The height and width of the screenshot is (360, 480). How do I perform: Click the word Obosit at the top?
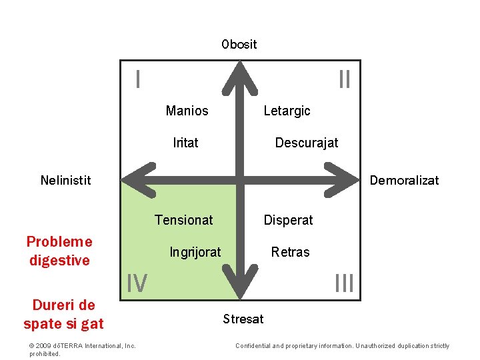click(x=239, y=44)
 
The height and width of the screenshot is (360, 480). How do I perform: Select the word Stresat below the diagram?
click(x=243, y=319)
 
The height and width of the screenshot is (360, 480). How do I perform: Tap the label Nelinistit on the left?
click(x=65, y=179)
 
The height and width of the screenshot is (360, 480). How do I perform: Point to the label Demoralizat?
click(x=404, y=180)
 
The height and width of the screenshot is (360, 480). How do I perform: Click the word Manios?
click(x=187, y=111)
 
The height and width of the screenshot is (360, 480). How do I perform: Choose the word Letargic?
click(x=287, y=111)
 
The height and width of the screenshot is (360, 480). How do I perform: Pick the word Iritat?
click(x=185, y=142)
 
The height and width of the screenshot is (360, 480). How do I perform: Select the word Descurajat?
click(x=307, y=143)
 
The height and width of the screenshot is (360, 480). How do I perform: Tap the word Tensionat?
click(x=183, y=219)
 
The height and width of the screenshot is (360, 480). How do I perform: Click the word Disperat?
click(x=288, y=220)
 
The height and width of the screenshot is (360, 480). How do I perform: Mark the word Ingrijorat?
click(x=195, y=252)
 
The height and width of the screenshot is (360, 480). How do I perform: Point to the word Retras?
click(x=290, y=252)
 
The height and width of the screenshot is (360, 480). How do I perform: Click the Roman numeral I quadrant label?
click(x=137, y=80)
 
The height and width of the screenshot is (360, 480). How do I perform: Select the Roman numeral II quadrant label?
click(x=344, y=80)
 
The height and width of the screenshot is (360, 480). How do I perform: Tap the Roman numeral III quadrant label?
click(x=344, y=284)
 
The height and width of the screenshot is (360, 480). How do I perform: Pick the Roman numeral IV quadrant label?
click(x=137, y=284)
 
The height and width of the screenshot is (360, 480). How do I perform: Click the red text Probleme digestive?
click(x=59, y=251)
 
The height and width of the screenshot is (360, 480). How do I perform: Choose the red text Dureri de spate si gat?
click(x=63, y=315)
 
